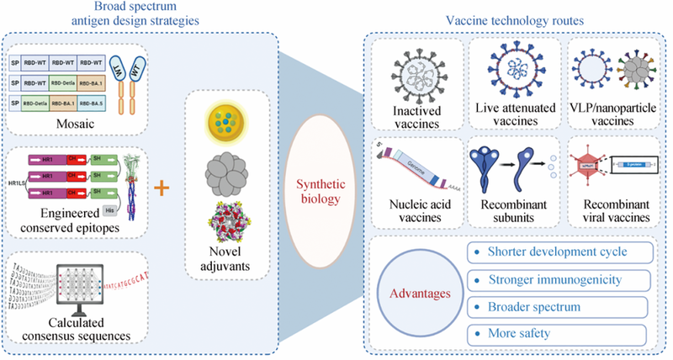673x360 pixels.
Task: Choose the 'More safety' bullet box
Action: (560, 333)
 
